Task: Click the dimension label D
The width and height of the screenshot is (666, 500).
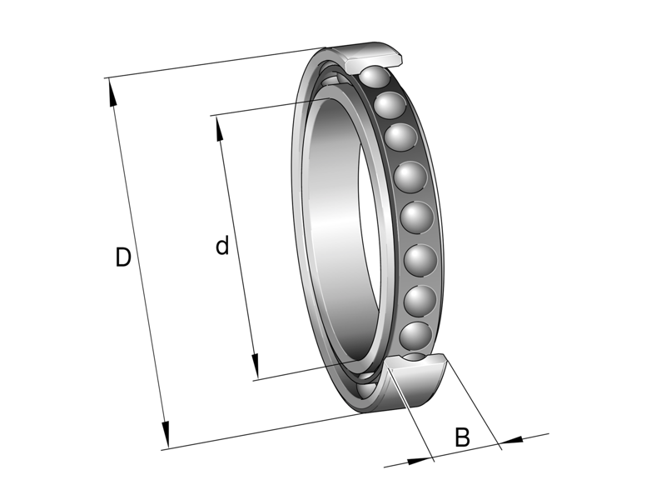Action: click(x=123, y=257)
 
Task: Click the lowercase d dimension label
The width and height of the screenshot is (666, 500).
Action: click(x=222, y=246)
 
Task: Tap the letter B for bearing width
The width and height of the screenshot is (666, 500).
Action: click(x=463, y=437)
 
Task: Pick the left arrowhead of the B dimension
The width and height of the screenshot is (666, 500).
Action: click(x=424, y=457)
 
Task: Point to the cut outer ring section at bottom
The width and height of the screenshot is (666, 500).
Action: click(x=420, y=387)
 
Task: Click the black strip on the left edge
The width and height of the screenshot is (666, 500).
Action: click(x=42, y=250)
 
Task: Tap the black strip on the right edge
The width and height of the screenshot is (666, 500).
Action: click(x=624, y=250)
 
